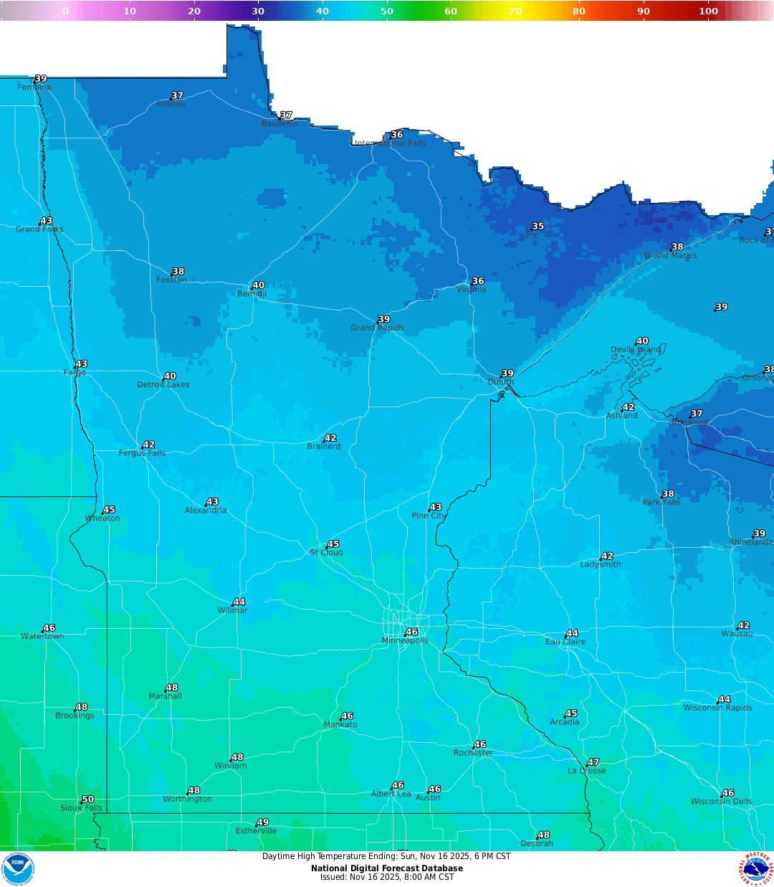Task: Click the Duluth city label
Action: click(x=501, y=382)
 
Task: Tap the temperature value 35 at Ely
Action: click(x=538, y=227)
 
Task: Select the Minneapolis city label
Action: click(x=405, y=640)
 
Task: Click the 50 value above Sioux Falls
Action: click(x=87, y=800)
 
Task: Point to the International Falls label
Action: click(x=391, y=143)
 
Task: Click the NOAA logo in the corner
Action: click(x=18, y=868)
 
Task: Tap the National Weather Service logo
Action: click(x=757, y=869)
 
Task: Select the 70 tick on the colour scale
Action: click(x=515, y=11)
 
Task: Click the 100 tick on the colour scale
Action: click(x=708, y=11)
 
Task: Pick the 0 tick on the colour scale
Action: click(x=65, y=11)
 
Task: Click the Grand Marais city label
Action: click(x=670, y=255)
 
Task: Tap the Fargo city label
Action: click(x=75, y=373)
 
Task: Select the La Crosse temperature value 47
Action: click(x=593, y=763)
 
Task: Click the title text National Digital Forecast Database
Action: click(x=387, y=868)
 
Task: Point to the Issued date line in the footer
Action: click(x=387, y=877)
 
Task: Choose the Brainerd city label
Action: click(x=324, y=447)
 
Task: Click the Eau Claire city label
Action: click(x=565, y=642)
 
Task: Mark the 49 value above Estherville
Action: click(x=263, y=822)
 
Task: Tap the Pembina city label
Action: click(x=34, y=87)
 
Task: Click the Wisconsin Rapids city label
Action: click(x=717, y=708)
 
